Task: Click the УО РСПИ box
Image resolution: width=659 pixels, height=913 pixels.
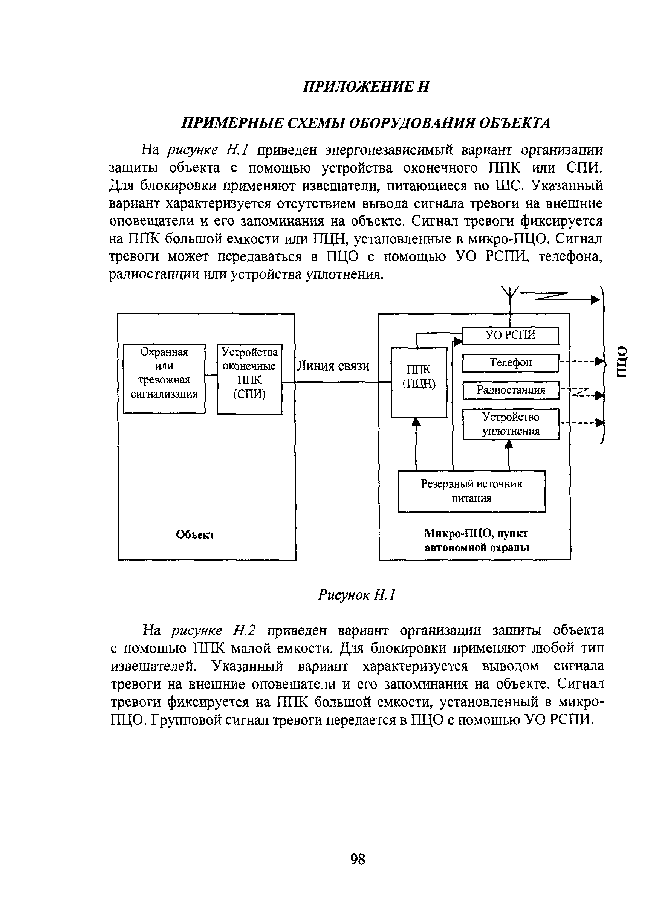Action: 511,335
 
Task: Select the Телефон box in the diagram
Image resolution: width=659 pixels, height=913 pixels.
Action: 511,363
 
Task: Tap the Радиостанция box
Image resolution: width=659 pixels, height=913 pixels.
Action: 511,390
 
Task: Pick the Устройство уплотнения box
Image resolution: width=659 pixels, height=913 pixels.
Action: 511,424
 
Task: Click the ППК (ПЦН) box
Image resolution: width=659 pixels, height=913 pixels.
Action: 419,382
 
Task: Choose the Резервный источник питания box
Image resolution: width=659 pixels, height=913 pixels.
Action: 471,491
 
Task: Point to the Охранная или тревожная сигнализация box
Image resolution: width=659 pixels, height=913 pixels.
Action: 164,379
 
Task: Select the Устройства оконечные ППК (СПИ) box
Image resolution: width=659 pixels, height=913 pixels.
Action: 249,379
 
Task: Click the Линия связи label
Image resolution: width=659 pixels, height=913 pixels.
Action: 333,366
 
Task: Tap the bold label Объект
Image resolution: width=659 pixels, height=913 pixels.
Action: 195,534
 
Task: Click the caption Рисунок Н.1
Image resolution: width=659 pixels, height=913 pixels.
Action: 357,595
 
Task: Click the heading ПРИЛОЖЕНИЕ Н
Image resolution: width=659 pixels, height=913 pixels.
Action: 366,87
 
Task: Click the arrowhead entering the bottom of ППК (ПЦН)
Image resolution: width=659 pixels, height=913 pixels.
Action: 416,422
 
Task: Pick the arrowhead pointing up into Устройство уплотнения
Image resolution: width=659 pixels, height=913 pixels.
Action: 509,444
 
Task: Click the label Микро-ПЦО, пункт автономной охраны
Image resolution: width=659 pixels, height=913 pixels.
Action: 476,540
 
